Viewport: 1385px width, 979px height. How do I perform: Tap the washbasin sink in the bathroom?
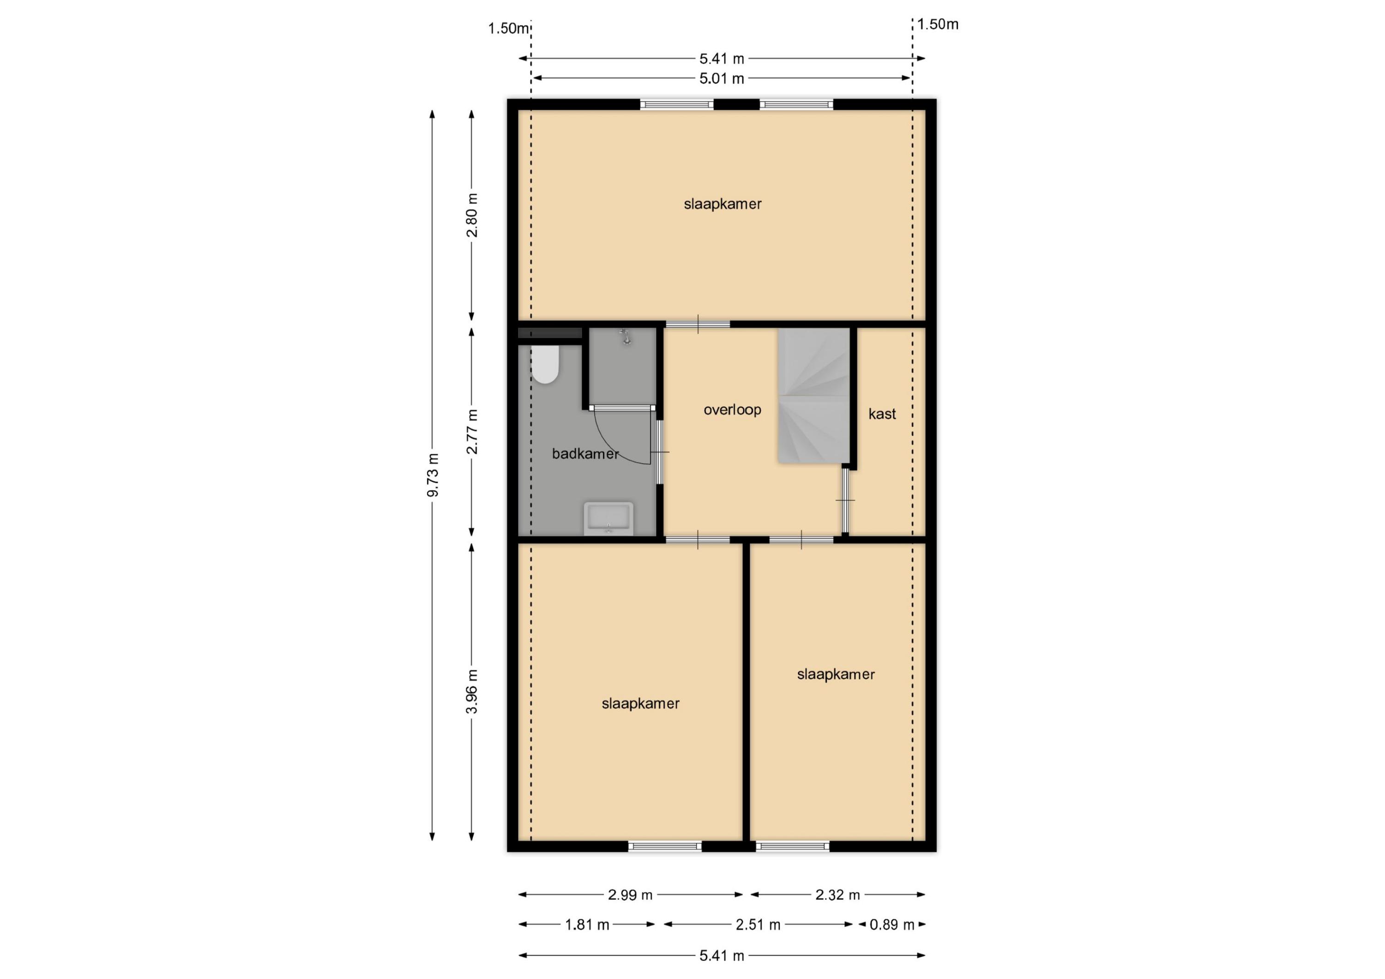coord(608,518)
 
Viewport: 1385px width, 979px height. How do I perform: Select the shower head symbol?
coord(626,336)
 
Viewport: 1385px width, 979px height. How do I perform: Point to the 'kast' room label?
coord(882,414)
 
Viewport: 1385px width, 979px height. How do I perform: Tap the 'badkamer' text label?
coord(585,454)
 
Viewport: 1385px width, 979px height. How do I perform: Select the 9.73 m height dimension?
coord(433,475)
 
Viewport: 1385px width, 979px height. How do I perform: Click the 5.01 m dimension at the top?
coord(722,78)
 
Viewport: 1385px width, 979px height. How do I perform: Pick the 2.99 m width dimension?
coord(630,895)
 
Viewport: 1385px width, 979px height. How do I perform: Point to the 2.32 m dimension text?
coord(837,895)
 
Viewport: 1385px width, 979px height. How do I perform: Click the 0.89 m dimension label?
coord(891,925)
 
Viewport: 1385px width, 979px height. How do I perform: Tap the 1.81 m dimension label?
coord(587,925)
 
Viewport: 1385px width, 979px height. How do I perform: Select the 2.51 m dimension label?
coord(758,925)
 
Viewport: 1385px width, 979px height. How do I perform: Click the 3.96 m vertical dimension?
coord(472,691)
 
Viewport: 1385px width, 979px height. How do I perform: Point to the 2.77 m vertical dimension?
coord(472,432)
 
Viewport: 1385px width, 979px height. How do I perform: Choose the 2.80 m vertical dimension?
coord(472,216)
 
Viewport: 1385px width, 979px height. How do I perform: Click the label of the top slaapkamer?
coord(723,204)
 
